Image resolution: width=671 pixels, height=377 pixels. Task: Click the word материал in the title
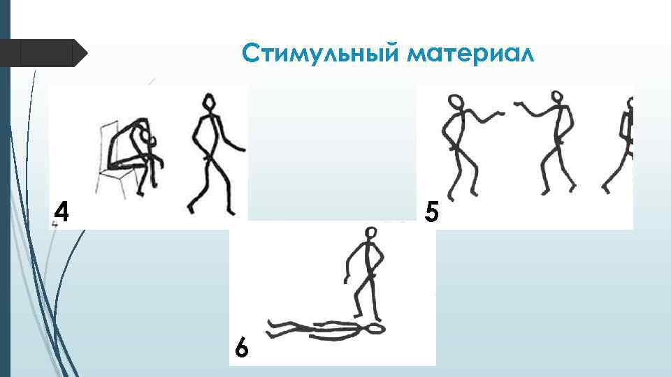470,54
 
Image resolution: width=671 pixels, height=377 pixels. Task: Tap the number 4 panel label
62,212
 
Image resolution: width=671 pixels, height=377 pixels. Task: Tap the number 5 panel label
431,212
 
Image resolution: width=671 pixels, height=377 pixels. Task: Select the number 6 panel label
241,347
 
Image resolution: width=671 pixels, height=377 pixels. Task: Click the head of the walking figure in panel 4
208,103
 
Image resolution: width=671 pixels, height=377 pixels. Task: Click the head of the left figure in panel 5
456,103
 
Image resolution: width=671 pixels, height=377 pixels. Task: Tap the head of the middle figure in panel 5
556,98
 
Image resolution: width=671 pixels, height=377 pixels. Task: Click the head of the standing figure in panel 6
371,233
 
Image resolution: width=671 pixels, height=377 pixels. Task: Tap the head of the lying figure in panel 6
376,329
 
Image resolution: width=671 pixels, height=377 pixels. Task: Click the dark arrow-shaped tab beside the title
43,53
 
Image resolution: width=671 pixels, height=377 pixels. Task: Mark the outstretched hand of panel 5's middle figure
519,104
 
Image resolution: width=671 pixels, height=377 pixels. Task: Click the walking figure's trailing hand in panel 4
241,149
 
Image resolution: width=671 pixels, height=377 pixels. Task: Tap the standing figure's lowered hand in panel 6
346,281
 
